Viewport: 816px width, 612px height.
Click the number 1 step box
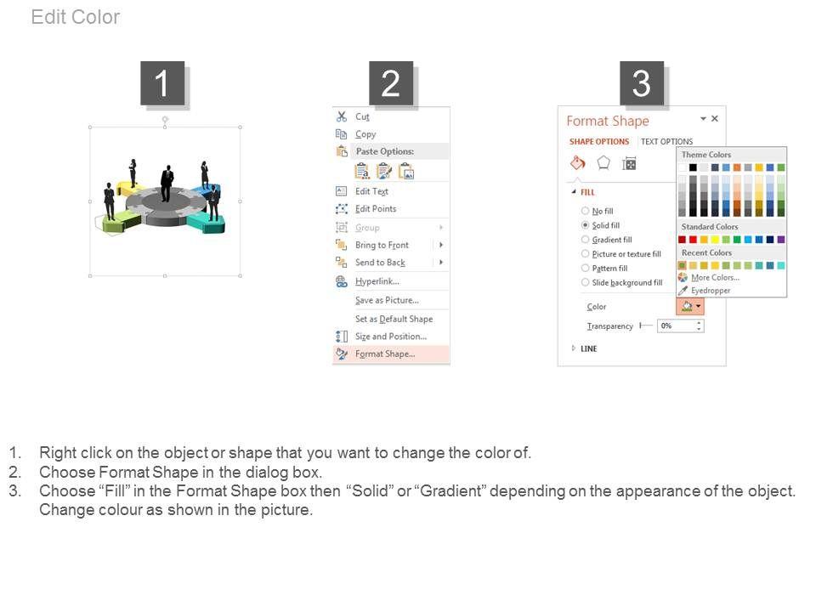[162, 82]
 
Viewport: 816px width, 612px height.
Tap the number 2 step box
[391, 82]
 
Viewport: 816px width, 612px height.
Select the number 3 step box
[641, 82]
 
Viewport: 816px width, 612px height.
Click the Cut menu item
[362, 116]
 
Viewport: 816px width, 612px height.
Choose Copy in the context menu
[365, 134]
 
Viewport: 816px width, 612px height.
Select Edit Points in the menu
[375, 209]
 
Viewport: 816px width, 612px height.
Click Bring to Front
[382, 245]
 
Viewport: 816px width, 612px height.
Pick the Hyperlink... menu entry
[377, 281]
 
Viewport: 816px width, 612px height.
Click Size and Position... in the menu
[390, 337]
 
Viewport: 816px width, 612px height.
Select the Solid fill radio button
[585, 225]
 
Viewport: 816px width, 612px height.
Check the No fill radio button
[585, 211]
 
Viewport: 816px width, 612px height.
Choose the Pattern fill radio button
[585, 268]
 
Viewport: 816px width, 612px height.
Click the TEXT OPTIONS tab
[666, 142]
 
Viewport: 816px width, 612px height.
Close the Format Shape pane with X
[715, 119]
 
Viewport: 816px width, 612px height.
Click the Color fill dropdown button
[690, 307]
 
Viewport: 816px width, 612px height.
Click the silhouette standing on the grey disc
[167, 184]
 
